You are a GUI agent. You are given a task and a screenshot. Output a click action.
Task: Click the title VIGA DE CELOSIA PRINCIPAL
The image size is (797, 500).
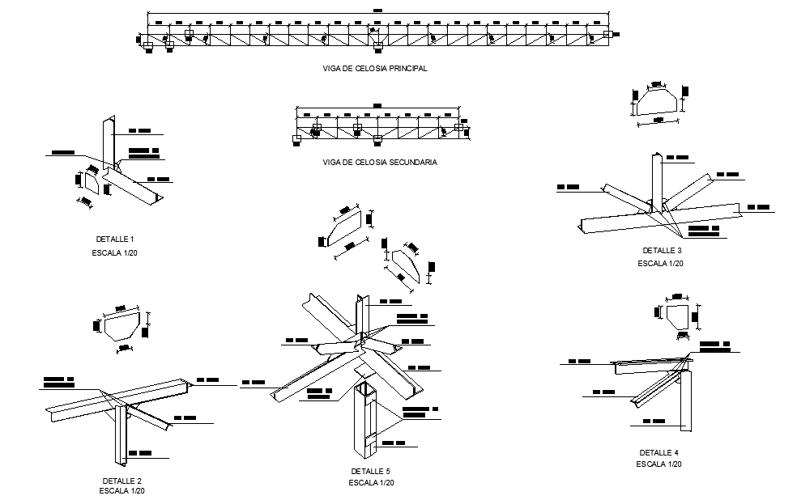374,69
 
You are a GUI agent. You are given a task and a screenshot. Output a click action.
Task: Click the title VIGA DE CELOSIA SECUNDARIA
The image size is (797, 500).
379,163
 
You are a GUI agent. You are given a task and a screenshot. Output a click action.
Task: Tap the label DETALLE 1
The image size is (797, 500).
114,239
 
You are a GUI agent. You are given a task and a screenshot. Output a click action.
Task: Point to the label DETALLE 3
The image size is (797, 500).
663,250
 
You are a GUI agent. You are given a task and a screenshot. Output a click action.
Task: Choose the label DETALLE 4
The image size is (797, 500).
658,452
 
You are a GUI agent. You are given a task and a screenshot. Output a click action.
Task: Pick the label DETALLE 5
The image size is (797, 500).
370,471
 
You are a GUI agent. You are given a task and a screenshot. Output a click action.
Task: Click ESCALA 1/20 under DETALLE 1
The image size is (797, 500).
114,253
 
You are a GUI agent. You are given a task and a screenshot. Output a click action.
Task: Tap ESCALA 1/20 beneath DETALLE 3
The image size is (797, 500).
660,263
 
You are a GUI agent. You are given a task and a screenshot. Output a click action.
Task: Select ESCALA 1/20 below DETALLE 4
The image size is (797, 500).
658,464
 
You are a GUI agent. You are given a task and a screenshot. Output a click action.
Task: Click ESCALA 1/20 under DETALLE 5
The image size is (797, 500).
371,483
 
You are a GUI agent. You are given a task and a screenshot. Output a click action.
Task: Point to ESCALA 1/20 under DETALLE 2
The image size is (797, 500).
122,491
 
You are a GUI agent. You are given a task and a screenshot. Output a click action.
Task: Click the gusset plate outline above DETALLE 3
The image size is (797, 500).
656,103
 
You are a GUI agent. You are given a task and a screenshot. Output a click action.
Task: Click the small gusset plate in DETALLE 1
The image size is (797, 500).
92,183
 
